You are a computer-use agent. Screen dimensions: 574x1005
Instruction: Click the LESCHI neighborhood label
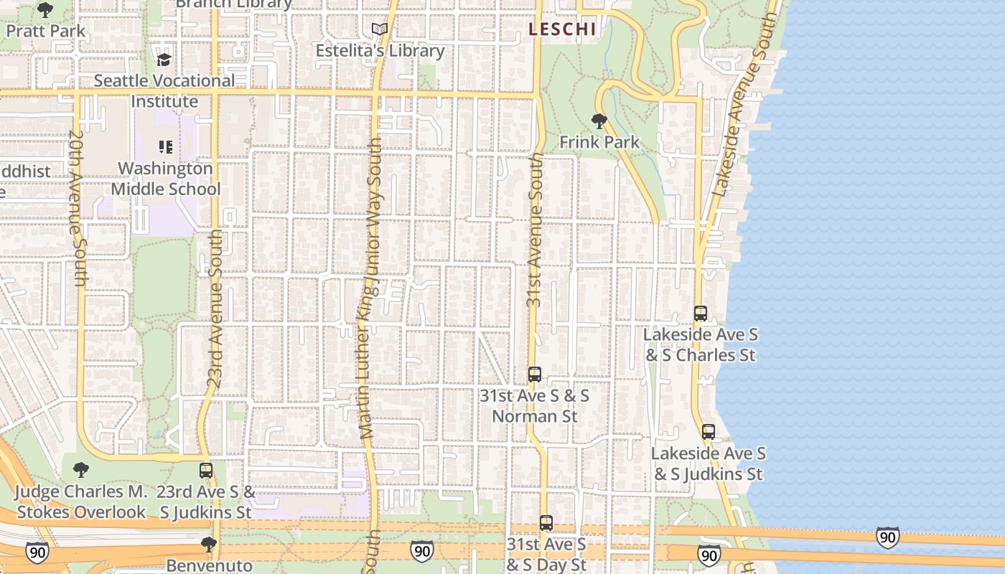(x=562, y=29)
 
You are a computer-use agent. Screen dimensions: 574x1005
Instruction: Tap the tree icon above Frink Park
(x=599, y=121)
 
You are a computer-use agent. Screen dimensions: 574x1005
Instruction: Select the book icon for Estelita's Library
(x=380, y=29)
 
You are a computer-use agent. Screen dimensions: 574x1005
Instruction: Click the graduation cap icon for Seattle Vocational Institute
(x=164, y=59)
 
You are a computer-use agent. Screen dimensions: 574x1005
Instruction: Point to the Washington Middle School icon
(x=166, y=147)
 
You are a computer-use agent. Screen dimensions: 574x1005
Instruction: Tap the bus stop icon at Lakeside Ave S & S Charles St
(x=701, y=314)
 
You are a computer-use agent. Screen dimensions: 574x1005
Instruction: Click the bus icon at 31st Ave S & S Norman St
(x=535, y=375)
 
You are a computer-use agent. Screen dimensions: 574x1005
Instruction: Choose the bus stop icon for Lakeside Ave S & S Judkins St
(x=709, y=432)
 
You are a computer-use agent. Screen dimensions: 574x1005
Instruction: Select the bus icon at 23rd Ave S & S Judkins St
(x=206, y=471)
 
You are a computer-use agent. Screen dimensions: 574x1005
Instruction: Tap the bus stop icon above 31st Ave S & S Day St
(x=546, y=523)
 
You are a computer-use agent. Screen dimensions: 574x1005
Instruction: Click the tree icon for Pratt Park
(x=45, y=10)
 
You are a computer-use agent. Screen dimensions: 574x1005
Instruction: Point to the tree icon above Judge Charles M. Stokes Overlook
(x=81, y=471)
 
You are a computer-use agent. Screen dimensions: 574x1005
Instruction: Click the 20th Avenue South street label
(x=77, y=208)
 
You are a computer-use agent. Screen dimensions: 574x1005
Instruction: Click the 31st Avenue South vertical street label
(x=535, y=230)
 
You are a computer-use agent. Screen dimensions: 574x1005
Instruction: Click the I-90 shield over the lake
(x=887, y=537)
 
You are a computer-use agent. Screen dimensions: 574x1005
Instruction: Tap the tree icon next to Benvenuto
(x=209, y=545)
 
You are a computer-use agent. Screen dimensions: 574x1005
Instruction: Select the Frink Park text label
(x=599, y=142)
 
